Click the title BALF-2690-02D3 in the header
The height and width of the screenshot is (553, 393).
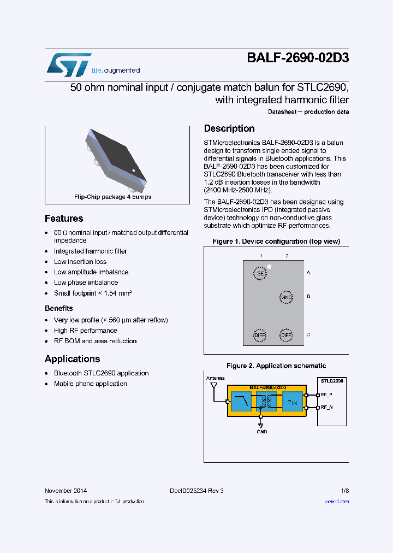tap(297, 59)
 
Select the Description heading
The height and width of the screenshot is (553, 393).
tap(229, 128)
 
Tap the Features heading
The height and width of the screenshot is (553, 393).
tap(64, 219)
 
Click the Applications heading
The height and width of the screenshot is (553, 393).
tap(72, 359)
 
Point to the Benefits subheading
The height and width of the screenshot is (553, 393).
tap(59, 308)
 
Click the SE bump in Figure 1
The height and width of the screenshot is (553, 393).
tap(260, 273)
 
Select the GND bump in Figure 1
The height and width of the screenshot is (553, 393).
tap(287, 297)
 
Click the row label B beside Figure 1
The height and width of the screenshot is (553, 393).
tap(308, 296)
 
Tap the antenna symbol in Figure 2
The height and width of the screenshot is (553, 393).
tap(213, 386)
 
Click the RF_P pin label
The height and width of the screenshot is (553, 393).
tap(326, 395)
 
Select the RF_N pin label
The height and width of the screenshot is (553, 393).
tap(326, 407)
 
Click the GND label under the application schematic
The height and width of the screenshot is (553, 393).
tap(262, 432)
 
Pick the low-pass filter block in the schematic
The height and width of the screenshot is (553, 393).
tap(240, 402)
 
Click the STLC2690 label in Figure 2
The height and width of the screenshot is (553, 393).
tap(332, 381)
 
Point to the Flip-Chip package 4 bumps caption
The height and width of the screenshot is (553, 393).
tap(113, 197)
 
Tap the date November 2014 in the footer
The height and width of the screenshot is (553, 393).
tap(65, 491)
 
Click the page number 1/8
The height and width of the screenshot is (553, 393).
tap(344, 491)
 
